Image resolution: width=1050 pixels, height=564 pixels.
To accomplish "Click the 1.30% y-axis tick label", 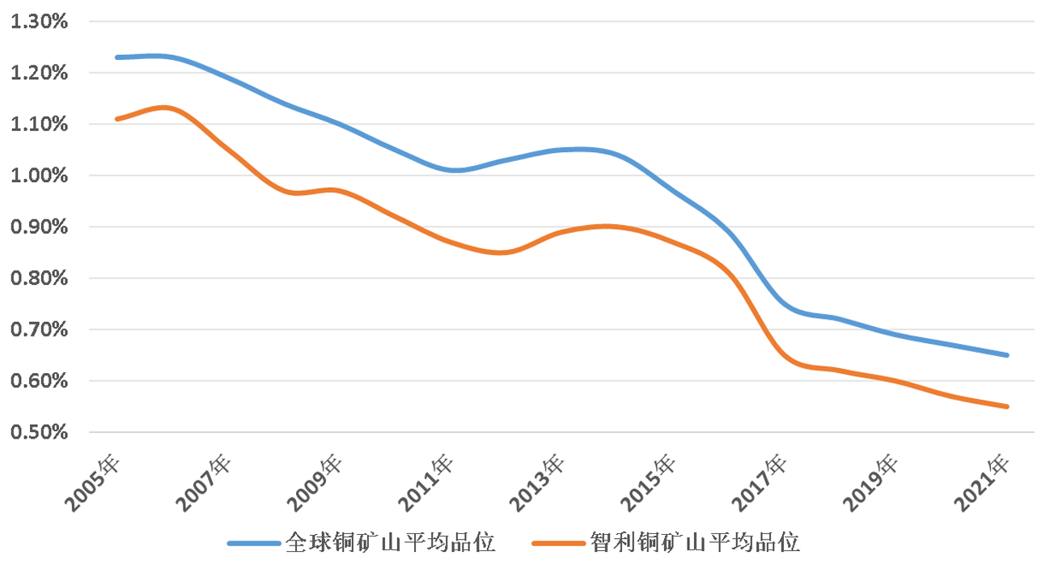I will click(x=39, y=22).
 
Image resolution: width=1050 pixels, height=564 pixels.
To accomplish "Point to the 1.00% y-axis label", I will click(x=39, y=176).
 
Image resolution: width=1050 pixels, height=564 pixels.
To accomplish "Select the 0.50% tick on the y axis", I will click(x=39, y=432).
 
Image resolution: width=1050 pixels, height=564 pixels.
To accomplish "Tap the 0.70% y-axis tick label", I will click(x=39, y=329).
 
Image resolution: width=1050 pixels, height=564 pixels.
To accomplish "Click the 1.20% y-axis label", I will click(x=39, y=73).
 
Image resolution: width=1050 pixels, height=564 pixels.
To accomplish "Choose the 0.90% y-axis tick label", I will click(x=39, y=227).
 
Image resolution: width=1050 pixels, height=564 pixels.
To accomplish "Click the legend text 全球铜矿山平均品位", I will click(x=390, y=541).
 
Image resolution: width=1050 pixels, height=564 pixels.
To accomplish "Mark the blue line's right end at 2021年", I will click(x=1007, y=355).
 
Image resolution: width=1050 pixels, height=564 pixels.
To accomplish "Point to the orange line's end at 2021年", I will click(x=1007, y=406).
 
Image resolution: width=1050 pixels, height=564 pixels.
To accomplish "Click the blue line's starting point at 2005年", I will click(x=117, y=57).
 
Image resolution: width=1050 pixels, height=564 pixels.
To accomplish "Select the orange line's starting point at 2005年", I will click(x=117, y=119).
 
